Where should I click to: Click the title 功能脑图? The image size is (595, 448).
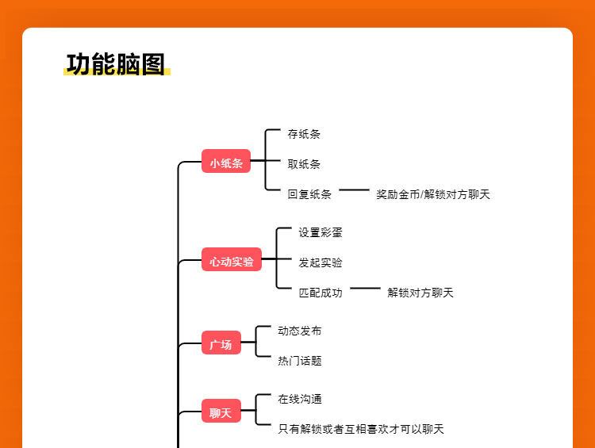[116, 63]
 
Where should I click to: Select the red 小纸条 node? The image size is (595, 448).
[226, 163]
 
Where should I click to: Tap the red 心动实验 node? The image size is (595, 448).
[232, 261]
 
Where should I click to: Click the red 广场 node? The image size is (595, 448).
[221, 344]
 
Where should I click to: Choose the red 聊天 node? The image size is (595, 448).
[221, 412]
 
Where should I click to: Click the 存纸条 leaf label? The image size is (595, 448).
[304, 134]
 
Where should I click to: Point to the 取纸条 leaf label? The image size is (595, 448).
[304, 164]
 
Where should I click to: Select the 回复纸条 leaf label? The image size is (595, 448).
[309, 194]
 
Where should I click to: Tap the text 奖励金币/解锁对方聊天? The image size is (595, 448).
[433, 194]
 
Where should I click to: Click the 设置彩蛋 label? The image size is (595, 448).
[321, 232]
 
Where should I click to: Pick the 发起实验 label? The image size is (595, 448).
[321, 262]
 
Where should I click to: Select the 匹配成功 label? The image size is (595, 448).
[321, 293]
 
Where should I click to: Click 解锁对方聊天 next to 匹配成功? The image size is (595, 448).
[420, 293]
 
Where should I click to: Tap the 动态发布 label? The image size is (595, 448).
[300, 331]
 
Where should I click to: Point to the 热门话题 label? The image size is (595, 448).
[300, 361]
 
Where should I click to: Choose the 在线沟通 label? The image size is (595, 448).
[300, 399]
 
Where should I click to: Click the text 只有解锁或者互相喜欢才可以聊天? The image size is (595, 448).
[361, 429]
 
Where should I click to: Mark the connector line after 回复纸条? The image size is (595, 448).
[354, 190]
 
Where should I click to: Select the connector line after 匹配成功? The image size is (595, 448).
[365, 289]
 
